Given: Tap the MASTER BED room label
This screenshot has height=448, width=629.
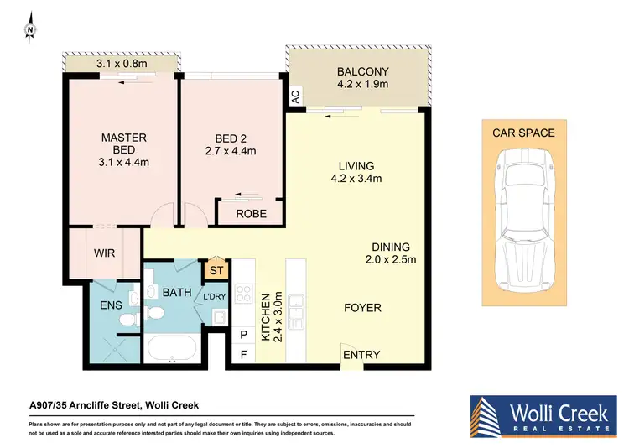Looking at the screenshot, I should coord(124,143).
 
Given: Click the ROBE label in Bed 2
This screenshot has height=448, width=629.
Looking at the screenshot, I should coord(251,214).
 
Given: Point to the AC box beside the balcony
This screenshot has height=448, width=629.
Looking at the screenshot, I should coord(294,97).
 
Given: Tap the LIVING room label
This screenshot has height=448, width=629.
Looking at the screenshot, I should coord(356,165).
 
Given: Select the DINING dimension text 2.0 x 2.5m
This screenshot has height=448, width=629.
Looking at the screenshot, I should coord(391,259).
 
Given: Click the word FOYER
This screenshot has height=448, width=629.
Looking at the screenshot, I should coord(363,307).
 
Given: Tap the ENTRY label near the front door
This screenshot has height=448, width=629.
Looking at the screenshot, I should coord(361,355).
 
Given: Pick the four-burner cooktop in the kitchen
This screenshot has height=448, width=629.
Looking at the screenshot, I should coord(243,294).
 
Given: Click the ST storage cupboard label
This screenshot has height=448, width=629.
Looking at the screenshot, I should coord(215,270).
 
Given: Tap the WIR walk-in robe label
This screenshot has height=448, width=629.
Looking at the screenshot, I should coord(104,253).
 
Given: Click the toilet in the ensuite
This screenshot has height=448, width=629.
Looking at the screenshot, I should coord(125,319).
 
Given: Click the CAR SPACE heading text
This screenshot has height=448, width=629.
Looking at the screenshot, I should coord(523,133).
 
